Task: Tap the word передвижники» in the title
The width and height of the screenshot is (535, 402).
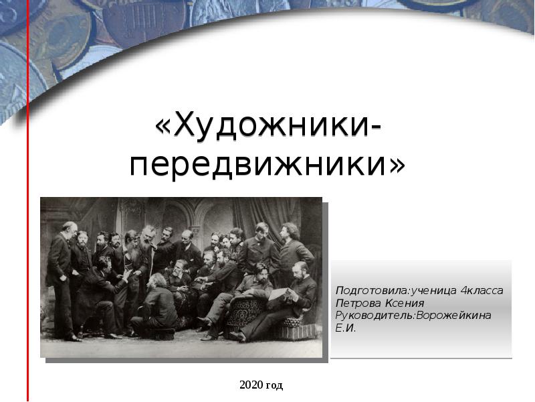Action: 267,164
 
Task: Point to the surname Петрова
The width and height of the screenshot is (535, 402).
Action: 356,303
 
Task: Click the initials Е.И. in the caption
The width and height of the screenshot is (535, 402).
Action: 346,328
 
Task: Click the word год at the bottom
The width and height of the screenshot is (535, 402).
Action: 274,385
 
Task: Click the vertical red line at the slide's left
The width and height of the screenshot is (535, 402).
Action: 28,201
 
